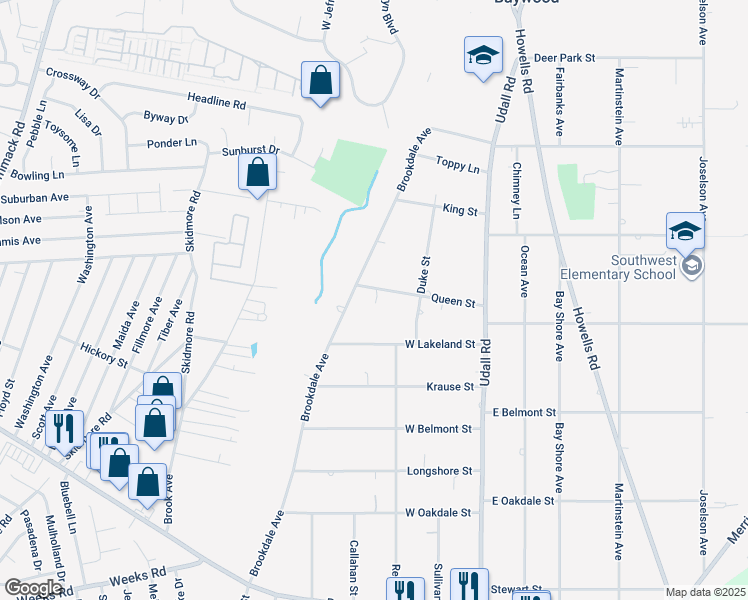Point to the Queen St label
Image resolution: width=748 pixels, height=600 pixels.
452,300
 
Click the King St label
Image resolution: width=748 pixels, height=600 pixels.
460,211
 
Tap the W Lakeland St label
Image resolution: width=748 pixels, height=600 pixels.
439,344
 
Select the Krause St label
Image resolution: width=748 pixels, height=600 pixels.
449,386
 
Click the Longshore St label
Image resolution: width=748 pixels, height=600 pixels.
440,470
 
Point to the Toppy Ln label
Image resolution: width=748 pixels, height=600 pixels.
459,164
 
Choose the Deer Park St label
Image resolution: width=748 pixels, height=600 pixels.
564,59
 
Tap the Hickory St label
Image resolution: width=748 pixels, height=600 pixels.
106,355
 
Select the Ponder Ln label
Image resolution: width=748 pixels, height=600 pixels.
174,143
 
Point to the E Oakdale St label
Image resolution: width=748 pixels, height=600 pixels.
523,500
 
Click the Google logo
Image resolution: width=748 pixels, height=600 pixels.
33,588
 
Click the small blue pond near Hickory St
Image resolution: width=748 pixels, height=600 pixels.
254,350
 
